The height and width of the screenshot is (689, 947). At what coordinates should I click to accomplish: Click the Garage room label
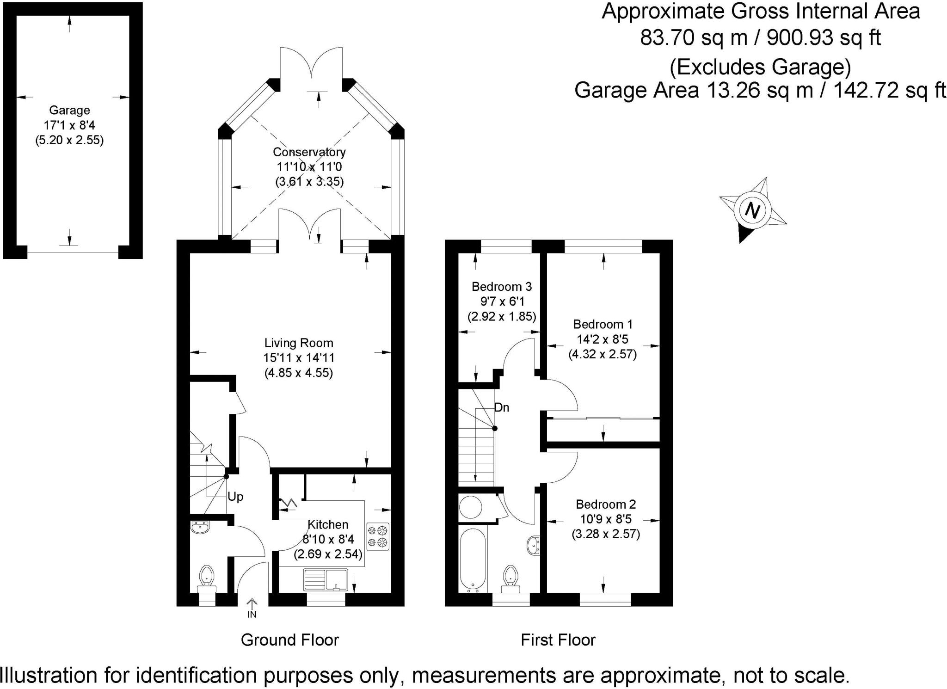(69, 110)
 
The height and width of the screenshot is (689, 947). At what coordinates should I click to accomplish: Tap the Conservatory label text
(309, 152)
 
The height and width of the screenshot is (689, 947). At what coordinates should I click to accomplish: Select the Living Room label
(299, 343)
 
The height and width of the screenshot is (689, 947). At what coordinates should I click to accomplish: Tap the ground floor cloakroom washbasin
(200, 527)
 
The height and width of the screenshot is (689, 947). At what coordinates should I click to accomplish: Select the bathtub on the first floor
(473, 560)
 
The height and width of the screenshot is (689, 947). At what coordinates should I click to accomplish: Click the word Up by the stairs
(235, 497)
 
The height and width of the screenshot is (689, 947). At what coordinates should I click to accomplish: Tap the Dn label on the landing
(502, 407)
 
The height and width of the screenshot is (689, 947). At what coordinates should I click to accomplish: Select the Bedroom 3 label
(502, 287)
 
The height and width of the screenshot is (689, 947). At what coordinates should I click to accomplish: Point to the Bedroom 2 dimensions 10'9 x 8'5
(606, 519)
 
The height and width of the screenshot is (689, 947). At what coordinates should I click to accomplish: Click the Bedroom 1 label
(603, 324)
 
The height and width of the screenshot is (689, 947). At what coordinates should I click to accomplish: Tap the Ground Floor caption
(290, 640)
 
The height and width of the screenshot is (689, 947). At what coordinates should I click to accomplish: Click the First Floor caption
(558, 640)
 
